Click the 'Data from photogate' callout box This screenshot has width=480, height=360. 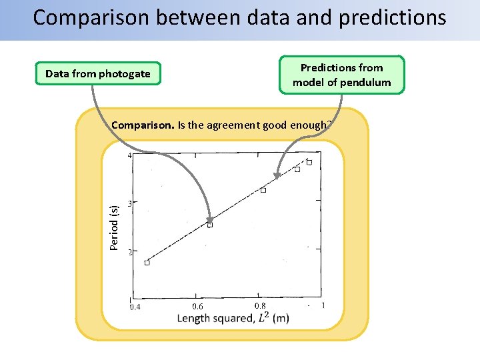(x=98, y=73)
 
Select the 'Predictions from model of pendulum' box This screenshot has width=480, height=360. (x=341, y=75)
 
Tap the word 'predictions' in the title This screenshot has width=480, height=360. (x=393, y=17)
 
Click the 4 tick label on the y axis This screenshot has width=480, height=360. (x=129, y=155)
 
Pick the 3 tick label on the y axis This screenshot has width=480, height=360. (x=129, y=203)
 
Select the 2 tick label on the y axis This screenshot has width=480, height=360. (x=129, y=251)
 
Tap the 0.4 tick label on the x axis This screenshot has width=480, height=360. (x=135, y=307)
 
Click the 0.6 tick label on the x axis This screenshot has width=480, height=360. (x=197, y=306)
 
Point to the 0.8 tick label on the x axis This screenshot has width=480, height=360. (x=260, y=305)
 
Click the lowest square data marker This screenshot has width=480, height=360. (x=147, y=262)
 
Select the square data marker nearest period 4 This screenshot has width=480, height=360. (x=309, y=162)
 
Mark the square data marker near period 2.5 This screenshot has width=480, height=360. (x=210, y=225)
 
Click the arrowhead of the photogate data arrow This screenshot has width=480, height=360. (x=209, y=219)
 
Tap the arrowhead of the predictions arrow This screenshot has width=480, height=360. (x=277, y=177)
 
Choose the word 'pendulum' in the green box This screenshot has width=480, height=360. (x=365, y=83)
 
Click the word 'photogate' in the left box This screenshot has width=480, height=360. (x=124, y=73)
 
